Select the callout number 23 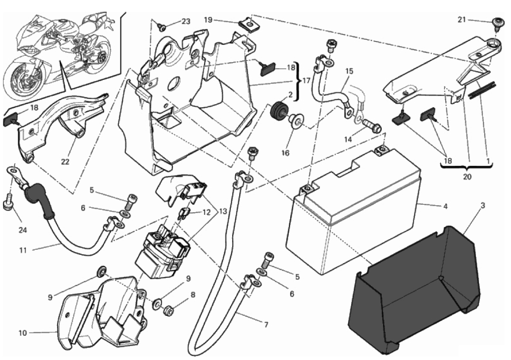click(186, 22)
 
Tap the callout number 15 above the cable click(349, 70)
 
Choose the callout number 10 click(22, 333)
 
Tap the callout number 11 click(22, 249)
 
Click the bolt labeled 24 click(7, 204)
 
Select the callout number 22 click(65, 162)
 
